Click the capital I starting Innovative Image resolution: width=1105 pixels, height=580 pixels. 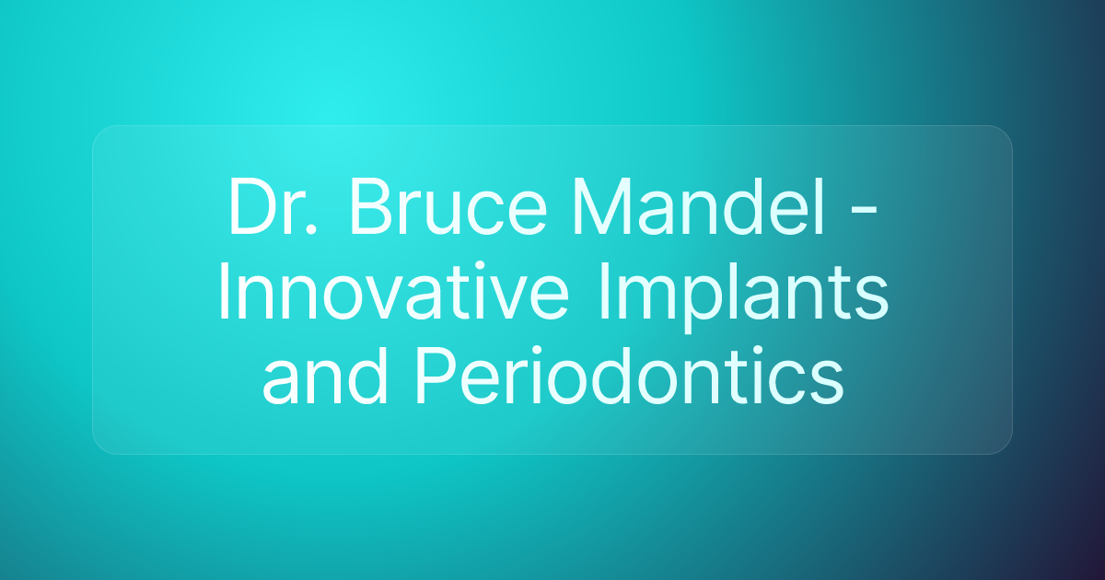[224, 296]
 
